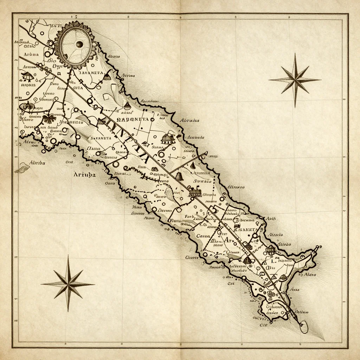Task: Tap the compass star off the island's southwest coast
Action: (68, 283)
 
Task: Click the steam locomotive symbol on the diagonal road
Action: (194, 192)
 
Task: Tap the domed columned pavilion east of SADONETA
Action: (168, 138)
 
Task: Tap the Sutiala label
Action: (203, 181)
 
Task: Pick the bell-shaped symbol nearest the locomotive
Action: (179, 175)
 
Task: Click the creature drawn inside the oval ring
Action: (27, 106)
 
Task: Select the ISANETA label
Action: (248, 229)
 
